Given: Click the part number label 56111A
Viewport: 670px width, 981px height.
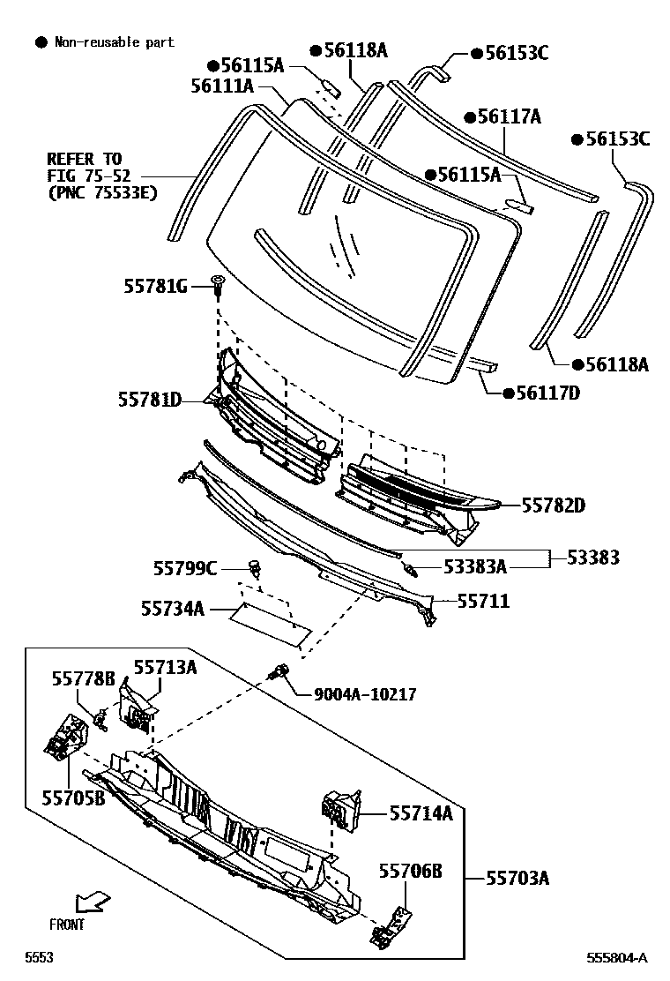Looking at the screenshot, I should tap(222, 86).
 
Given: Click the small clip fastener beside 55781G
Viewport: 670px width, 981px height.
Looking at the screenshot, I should tap(216, 284).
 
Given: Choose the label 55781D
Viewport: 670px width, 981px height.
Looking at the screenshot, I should tap(150, 400).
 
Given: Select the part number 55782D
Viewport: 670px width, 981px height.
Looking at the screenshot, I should tap(553, 505).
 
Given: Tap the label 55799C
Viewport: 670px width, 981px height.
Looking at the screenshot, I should tap(185, 569).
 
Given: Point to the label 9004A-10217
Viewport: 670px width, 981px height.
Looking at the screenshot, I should tap(365, 694).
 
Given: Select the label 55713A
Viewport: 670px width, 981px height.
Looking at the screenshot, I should tap(165, 667).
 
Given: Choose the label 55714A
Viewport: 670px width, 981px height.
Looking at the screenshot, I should tap(421, 813).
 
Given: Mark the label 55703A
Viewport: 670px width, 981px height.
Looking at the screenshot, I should tap(517, 877).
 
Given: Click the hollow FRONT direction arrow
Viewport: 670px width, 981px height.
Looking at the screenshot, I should tap(92, 902).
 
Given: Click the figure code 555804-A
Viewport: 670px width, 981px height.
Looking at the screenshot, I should tap(617, 957).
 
